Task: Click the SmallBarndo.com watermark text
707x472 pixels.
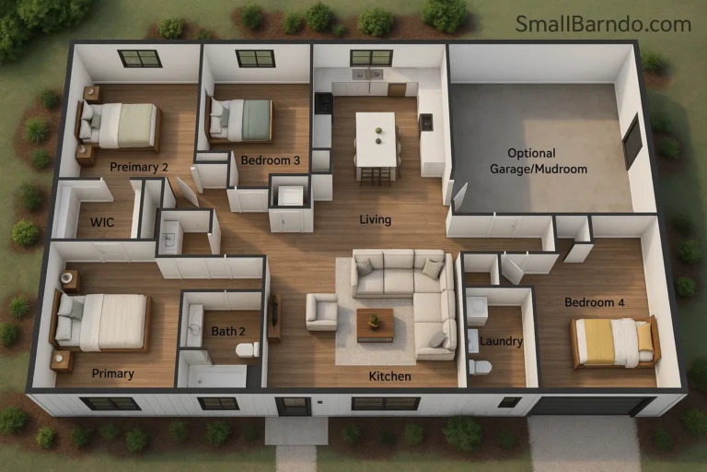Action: point(603,24)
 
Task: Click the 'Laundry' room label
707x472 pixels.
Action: point(501,341)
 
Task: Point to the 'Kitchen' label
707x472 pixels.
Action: point(389,376)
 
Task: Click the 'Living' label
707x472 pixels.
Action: point(375,219)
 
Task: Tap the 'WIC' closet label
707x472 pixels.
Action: point(102,222)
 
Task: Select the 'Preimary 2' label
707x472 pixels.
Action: point(139,167)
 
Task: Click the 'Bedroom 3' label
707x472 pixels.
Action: point(270,159)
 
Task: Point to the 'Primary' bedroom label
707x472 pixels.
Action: point(113,373)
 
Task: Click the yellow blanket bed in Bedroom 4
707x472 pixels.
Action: point(615,340)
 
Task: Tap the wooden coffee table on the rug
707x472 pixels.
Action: point(375,324)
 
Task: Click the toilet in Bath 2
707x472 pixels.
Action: point(246,349)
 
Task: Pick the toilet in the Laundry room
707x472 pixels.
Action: point(479,367)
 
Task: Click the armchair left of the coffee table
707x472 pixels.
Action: point(321,312)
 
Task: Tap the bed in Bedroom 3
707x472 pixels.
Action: point(241,120)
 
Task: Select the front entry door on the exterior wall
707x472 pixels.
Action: point(293,406)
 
